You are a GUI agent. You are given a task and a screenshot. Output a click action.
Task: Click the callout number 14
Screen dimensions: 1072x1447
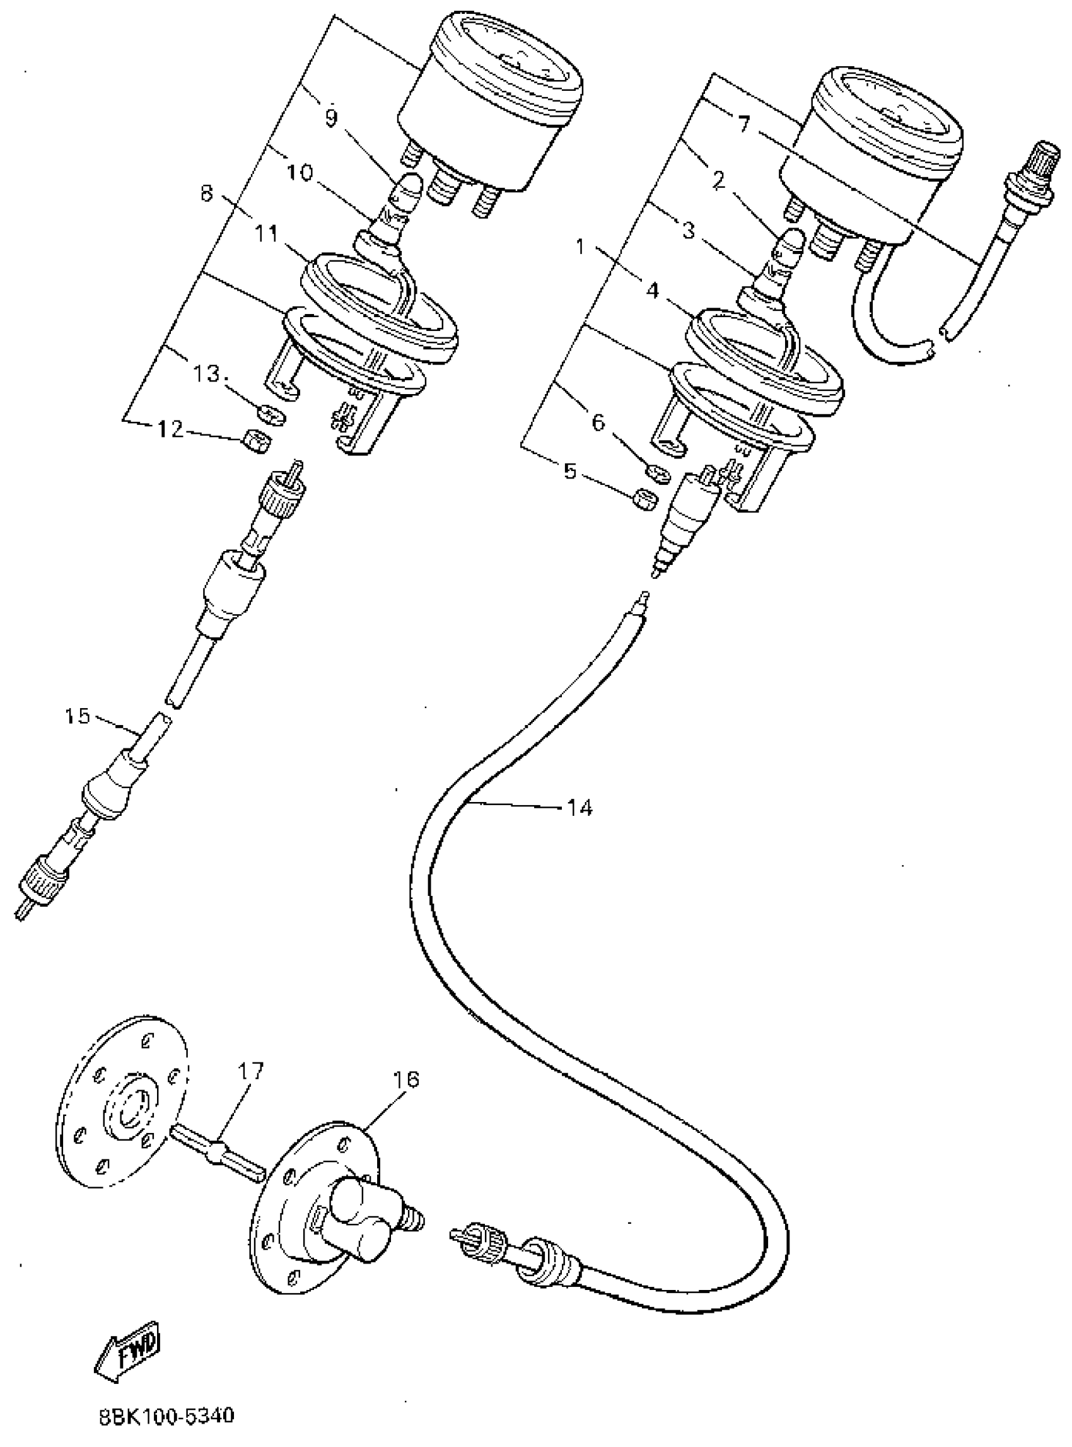pyautogui.click(x=580, y=808)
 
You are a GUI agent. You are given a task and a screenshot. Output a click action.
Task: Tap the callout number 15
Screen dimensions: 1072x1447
pyautogui.click(x=77, y=716)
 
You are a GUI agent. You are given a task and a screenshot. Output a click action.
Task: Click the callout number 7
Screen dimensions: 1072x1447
pyautogui.click(x=743, y=123)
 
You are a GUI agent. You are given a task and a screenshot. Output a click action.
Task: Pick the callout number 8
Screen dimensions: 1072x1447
pyautogui.click(x=207, y=194)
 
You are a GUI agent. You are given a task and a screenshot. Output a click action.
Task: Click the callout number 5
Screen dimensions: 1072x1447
pyautogui.click(x=571, y=472)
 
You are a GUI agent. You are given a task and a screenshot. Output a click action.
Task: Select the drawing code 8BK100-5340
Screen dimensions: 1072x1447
pyautogui.click(x=166, y=1415)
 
